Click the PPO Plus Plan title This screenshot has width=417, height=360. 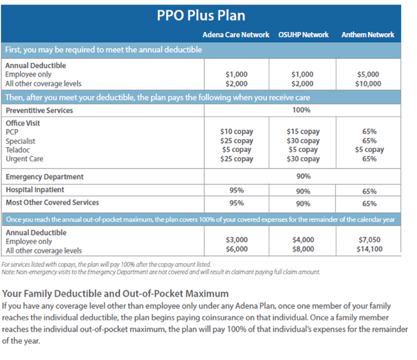coord(201,15)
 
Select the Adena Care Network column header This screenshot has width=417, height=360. coord(236,35)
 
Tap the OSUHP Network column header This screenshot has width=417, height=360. coord(304,35)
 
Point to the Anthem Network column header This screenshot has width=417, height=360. coord(368,35)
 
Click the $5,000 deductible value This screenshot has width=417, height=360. coord(368,74)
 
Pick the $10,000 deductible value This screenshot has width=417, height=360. coord(368,84)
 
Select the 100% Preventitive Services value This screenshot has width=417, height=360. coord(301,110)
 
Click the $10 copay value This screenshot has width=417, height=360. coord(237,132)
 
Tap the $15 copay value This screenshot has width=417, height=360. coord(303,132)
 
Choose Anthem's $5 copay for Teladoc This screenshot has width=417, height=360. coord(369,150)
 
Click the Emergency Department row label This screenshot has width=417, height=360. coord(45,177)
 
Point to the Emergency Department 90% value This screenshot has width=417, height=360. coord(304,176)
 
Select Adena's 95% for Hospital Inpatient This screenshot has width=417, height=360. coord(237,190)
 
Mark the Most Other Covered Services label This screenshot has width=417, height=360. coord(52,202)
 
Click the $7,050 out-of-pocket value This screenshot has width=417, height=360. coord(369,240)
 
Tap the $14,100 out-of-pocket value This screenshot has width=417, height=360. coord(369,249)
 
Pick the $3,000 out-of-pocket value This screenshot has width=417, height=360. coord(237,240)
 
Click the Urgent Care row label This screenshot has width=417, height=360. coord(24,159)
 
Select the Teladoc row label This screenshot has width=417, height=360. coord(18,150)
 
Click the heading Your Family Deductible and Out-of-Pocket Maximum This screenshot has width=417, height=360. coord(115,294)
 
